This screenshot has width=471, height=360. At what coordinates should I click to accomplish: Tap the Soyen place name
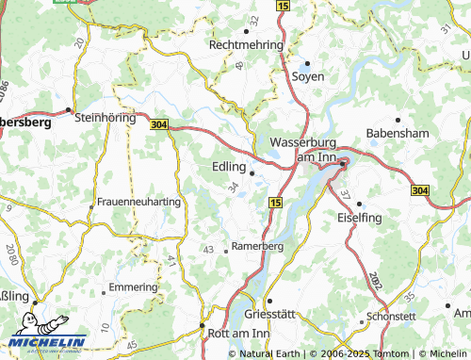[x=307, y=75]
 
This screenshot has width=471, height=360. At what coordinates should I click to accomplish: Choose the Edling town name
[x=225, y=166]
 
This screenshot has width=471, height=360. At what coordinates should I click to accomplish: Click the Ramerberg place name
[x=257, y=246]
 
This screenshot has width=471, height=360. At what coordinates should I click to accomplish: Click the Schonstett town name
[x=391, y=317]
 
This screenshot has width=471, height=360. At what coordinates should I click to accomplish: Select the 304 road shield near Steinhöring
[x=159, y=123]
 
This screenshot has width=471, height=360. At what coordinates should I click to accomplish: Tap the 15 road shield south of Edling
[x=274, y=203]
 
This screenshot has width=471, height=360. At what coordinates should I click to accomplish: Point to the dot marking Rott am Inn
[x=203, y=327]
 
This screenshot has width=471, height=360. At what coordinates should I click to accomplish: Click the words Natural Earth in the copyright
[x=271, y=353]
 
